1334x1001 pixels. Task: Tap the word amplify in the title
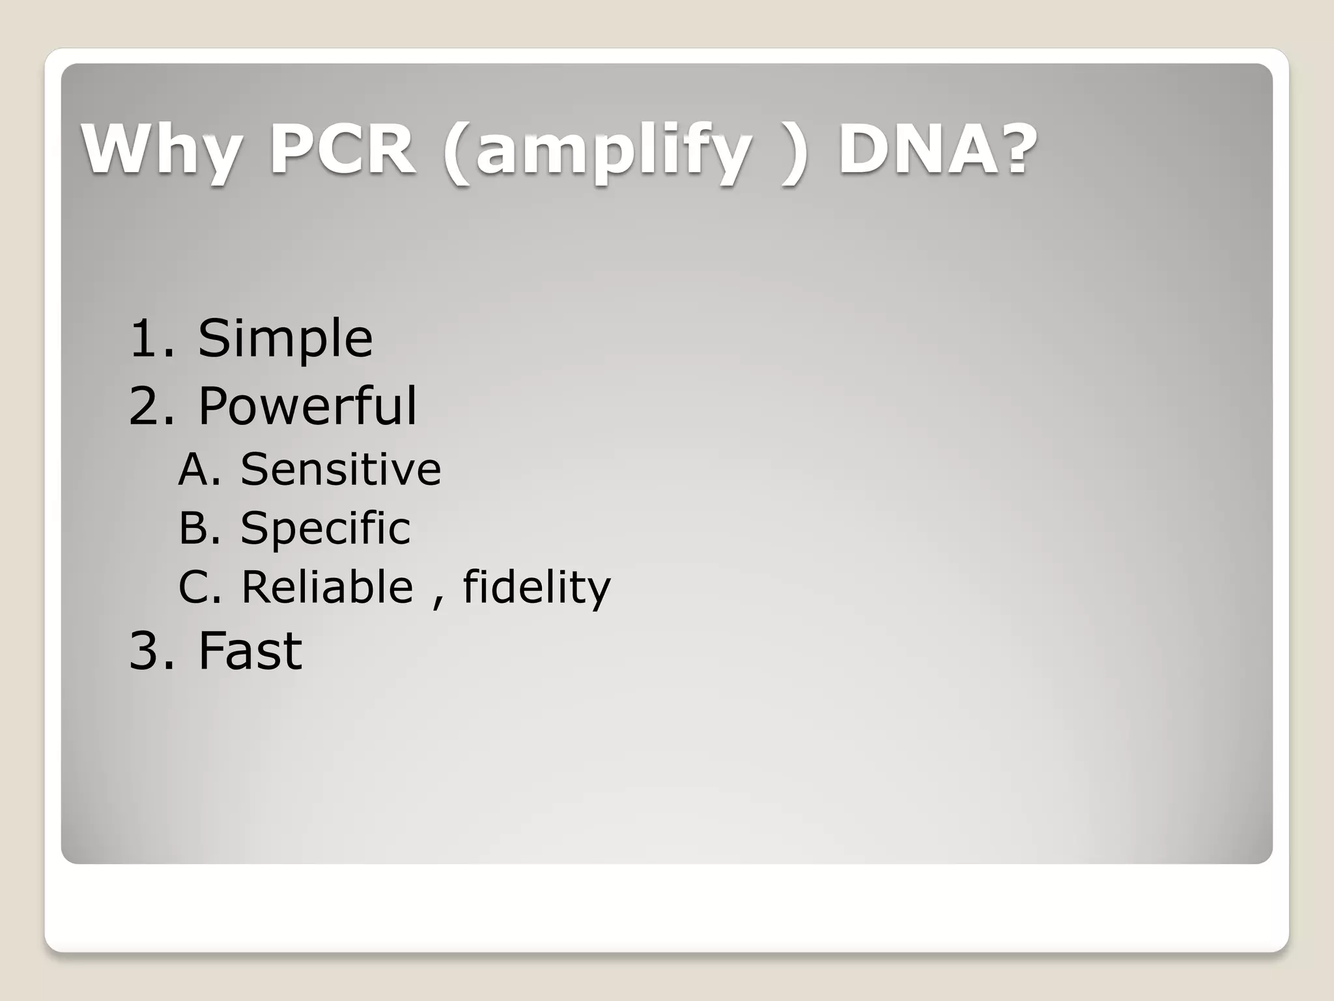[614, 151]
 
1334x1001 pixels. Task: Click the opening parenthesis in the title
[457, 151]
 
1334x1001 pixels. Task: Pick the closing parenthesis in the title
[797, 151]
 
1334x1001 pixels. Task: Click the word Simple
[285, 339]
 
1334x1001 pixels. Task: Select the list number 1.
[149, 339]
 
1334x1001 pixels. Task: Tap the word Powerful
[307, 406]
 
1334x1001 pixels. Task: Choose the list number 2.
[149, 406]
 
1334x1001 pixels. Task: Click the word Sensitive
[341, 469]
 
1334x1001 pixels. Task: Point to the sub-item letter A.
[194, 469]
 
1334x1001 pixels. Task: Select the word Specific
[326, 528]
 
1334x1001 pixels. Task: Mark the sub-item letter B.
[194, 528]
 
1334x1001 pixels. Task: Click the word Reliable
[327, 587]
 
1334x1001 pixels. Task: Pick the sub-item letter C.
[194, 587]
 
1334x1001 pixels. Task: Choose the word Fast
[250, 650]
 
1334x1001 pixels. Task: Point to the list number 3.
[149, 650]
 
